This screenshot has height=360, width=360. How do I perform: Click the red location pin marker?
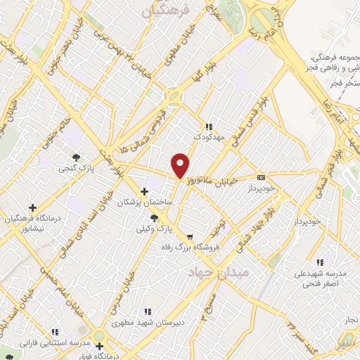181,165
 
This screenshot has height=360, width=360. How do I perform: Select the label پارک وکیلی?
154,229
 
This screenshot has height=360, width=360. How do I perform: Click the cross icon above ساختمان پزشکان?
144,191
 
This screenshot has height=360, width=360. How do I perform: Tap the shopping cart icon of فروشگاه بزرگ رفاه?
189,236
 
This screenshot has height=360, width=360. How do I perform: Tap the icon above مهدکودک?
209,127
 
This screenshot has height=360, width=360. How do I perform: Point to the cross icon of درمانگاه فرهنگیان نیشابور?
32,207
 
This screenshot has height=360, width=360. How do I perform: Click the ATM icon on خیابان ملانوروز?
262,177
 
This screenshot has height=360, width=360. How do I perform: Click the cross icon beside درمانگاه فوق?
100,346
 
